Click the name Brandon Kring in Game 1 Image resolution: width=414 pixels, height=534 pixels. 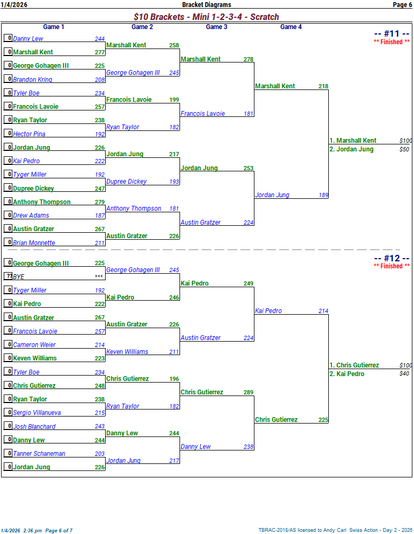[33, 80]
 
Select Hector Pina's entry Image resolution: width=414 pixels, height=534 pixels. [29, 134]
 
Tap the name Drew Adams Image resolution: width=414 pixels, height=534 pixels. [31, 216]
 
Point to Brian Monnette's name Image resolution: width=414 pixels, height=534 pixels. [34, 243]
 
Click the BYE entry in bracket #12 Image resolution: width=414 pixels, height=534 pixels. [19, 277]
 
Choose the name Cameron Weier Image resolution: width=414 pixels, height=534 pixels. [34, 345]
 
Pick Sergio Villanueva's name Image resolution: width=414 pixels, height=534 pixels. [37, 413]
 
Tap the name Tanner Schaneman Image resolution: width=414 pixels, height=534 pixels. [39, 454]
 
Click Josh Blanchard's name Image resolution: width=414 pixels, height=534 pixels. [34, 427]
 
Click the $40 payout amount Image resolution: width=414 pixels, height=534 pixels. [404, 374]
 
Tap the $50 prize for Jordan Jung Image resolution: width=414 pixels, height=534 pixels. [404, 149]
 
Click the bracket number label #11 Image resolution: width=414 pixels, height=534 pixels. [391, 34]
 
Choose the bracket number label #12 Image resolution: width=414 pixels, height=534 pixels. [391, 258]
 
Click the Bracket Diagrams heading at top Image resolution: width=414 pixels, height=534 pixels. [206, 5]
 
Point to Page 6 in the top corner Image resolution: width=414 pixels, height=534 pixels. [402, 5]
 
